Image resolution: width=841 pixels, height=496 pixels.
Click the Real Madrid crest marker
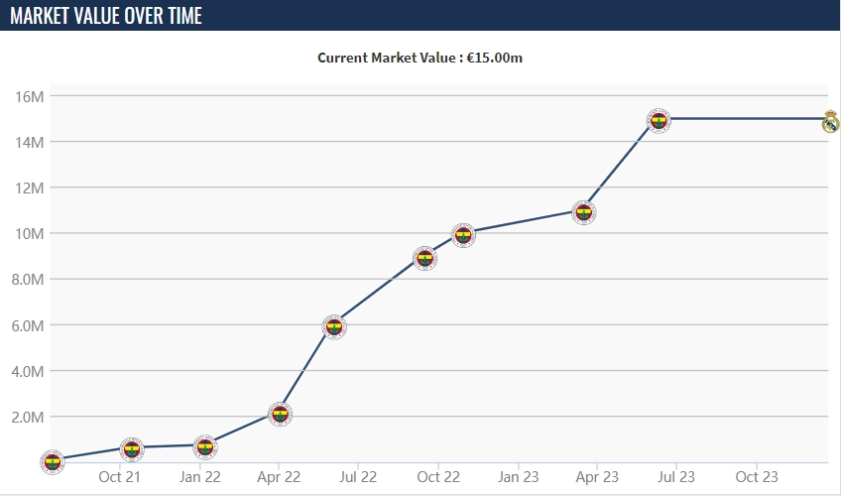pyautogui.click(x=830, y=122)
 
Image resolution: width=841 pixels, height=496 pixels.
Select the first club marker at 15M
pyautogui.click(x=659, y=120)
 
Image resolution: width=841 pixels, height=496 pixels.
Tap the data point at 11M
pyautogui.click(x=584, y=211)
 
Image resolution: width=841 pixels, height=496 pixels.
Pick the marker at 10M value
pyautogui.click(x=462, y=235)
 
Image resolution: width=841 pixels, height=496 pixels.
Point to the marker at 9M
pyautogui.click(x=424, y=258)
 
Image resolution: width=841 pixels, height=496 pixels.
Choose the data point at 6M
pyautogui.click(x=334, y=326)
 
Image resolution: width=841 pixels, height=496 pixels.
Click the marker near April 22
pyautogui.click(x=280, y=414)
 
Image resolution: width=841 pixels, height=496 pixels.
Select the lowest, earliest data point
pyautogui.click(x=52, y=460)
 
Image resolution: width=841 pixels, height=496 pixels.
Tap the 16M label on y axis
pyautogui.click(x=30, y=96)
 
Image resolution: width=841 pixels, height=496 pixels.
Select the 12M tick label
pyautogui.click(x=30, y=187)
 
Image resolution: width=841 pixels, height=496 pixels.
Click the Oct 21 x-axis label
pyautogui.click(x=119, y=477)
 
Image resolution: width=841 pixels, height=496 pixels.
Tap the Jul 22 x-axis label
pyautogui.click(x=359, y=477)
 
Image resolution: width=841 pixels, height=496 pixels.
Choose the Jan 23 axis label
pyautogui.click(x=519, y=477)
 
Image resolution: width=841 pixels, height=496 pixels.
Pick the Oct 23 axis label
pyautogui.click(x=757, y=477)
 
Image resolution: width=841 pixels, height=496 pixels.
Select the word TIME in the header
pyautogui.click(x=180, y=16)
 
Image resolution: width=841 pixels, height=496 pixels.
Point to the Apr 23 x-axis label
pyautogui.click(x=598, y=477)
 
